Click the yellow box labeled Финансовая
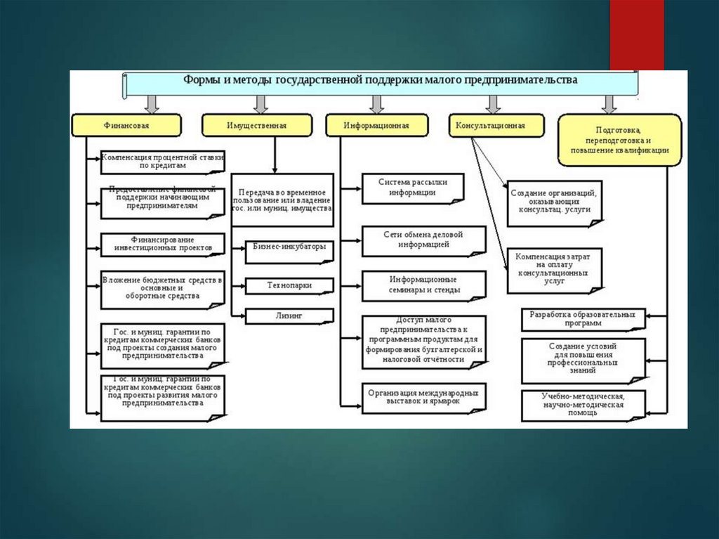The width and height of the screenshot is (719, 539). (126, 126)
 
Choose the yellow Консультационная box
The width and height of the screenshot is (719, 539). (490, 126)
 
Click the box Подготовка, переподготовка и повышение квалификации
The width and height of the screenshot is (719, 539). (619, 141)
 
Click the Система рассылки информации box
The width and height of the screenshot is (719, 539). (413, 188)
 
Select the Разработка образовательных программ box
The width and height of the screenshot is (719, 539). (583, 320)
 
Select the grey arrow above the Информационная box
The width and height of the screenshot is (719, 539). (377, 104)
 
